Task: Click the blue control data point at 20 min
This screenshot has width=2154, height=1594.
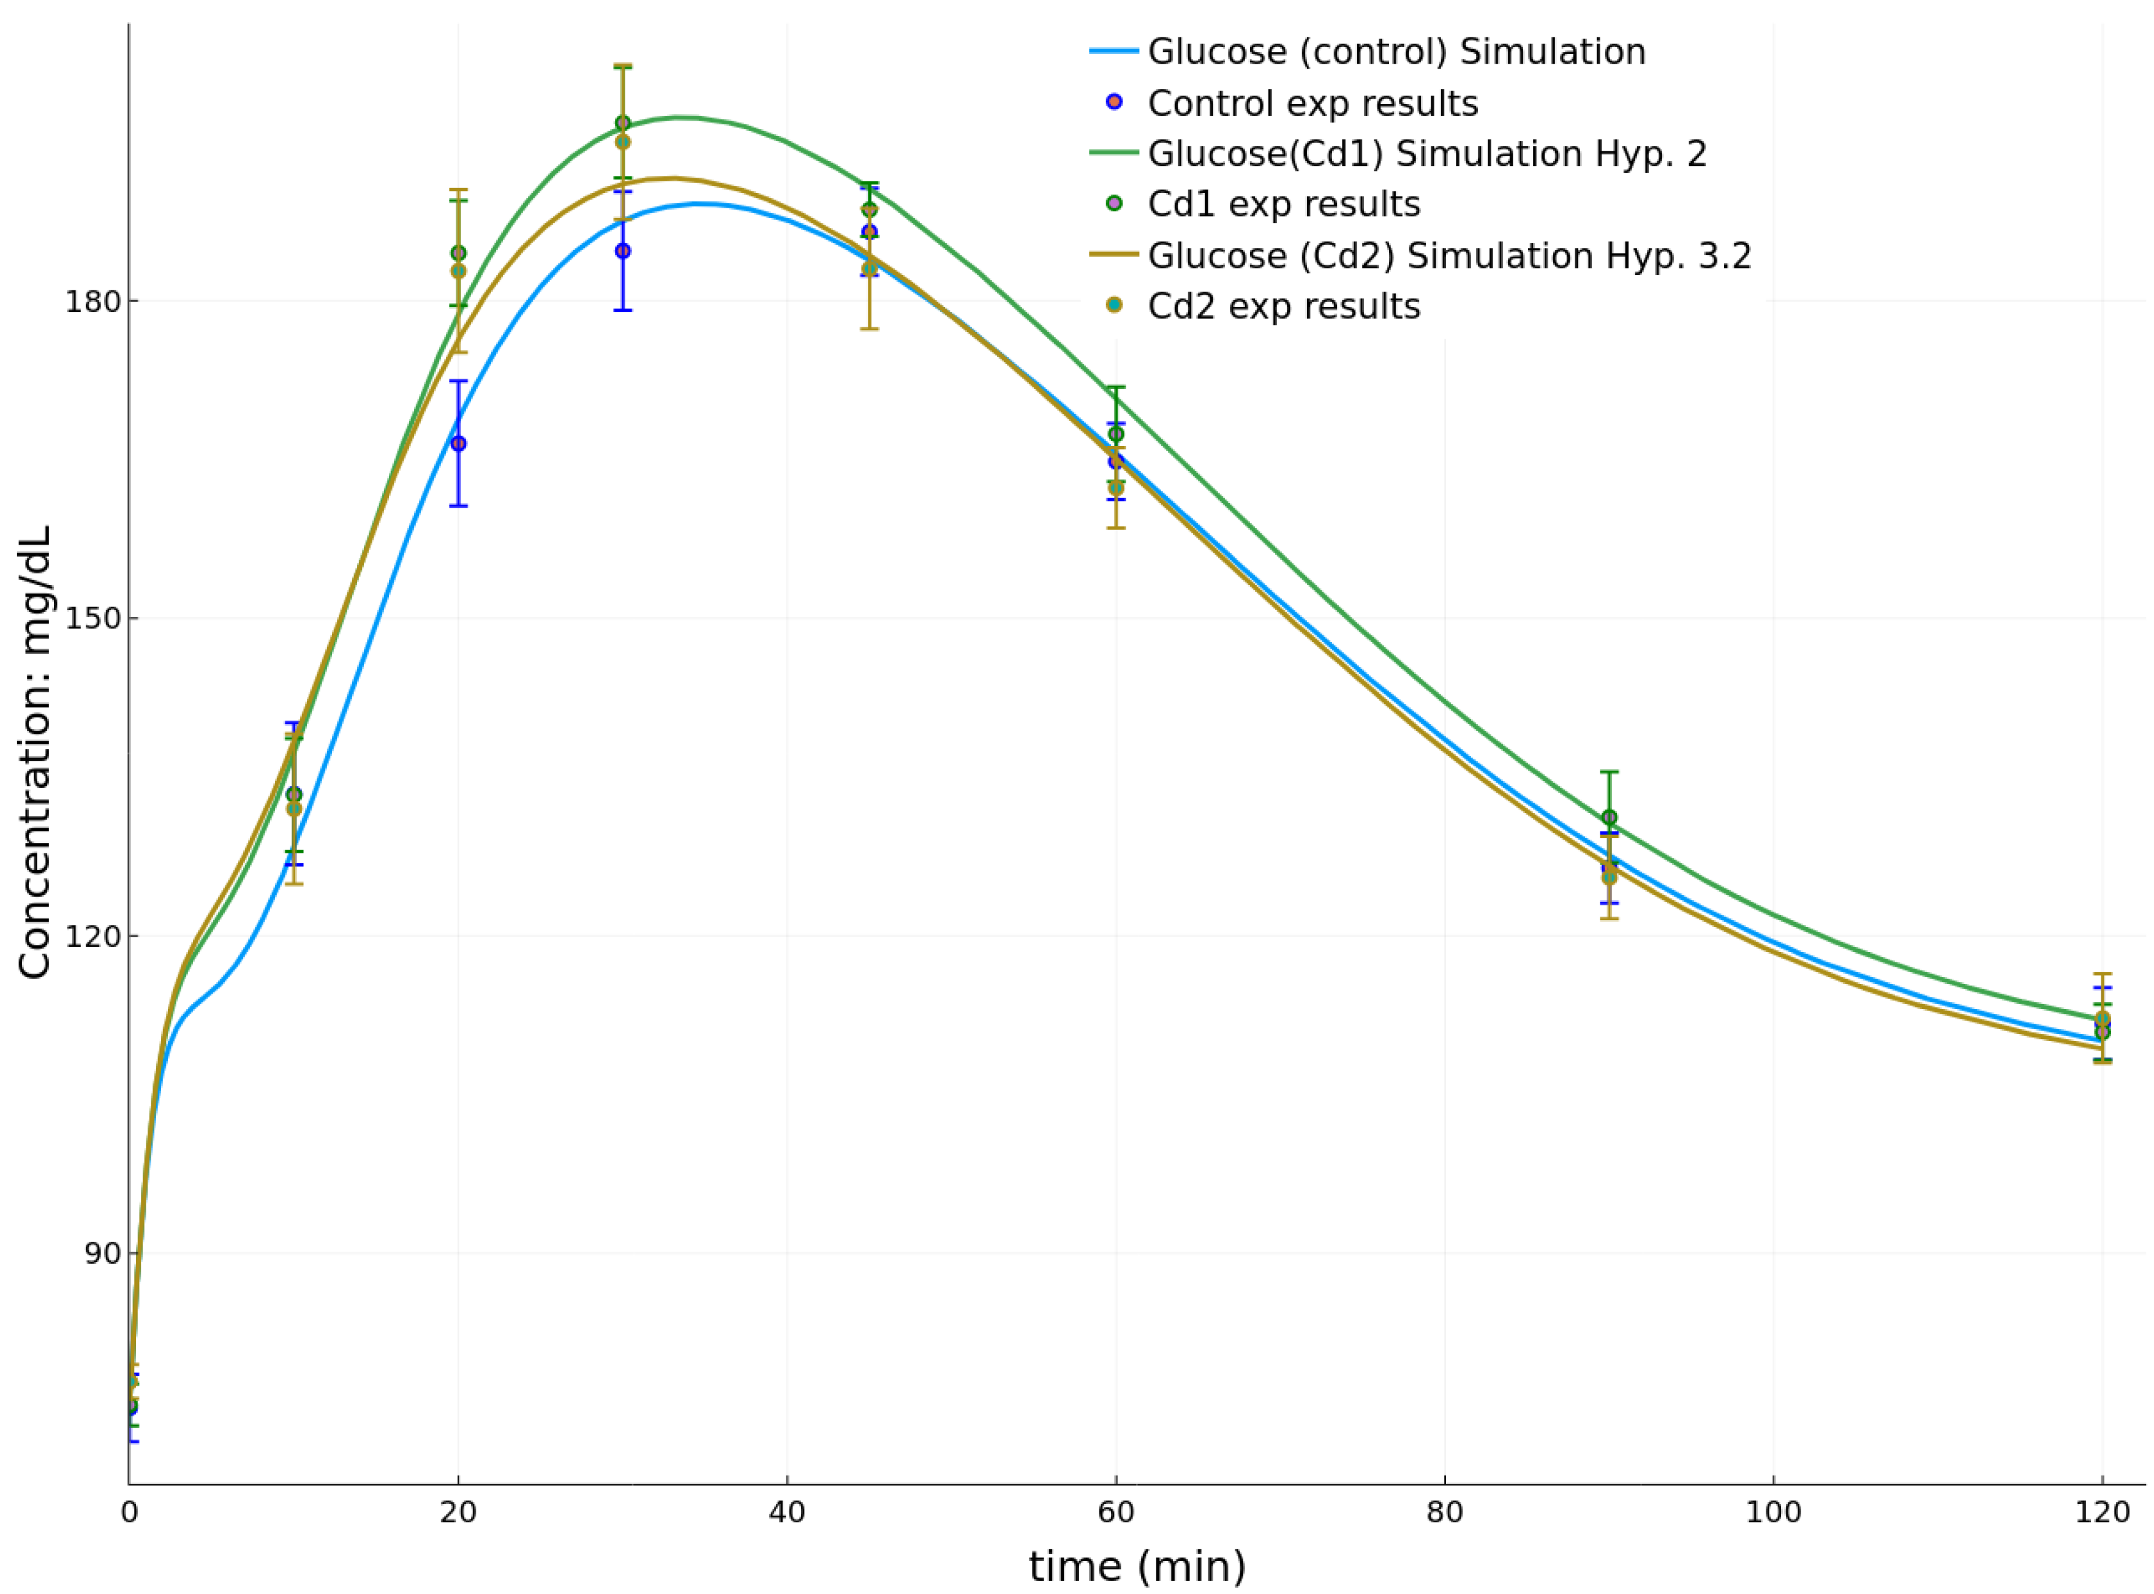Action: (458, 443)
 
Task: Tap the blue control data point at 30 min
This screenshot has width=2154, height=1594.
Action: (622, 251)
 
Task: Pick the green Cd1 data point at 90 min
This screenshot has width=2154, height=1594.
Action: (1608, 817)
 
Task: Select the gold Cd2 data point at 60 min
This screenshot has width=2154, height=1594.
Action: (1115, 488)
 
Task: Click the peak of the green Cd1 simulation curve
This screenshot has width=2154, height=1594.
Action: (680, 117)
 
